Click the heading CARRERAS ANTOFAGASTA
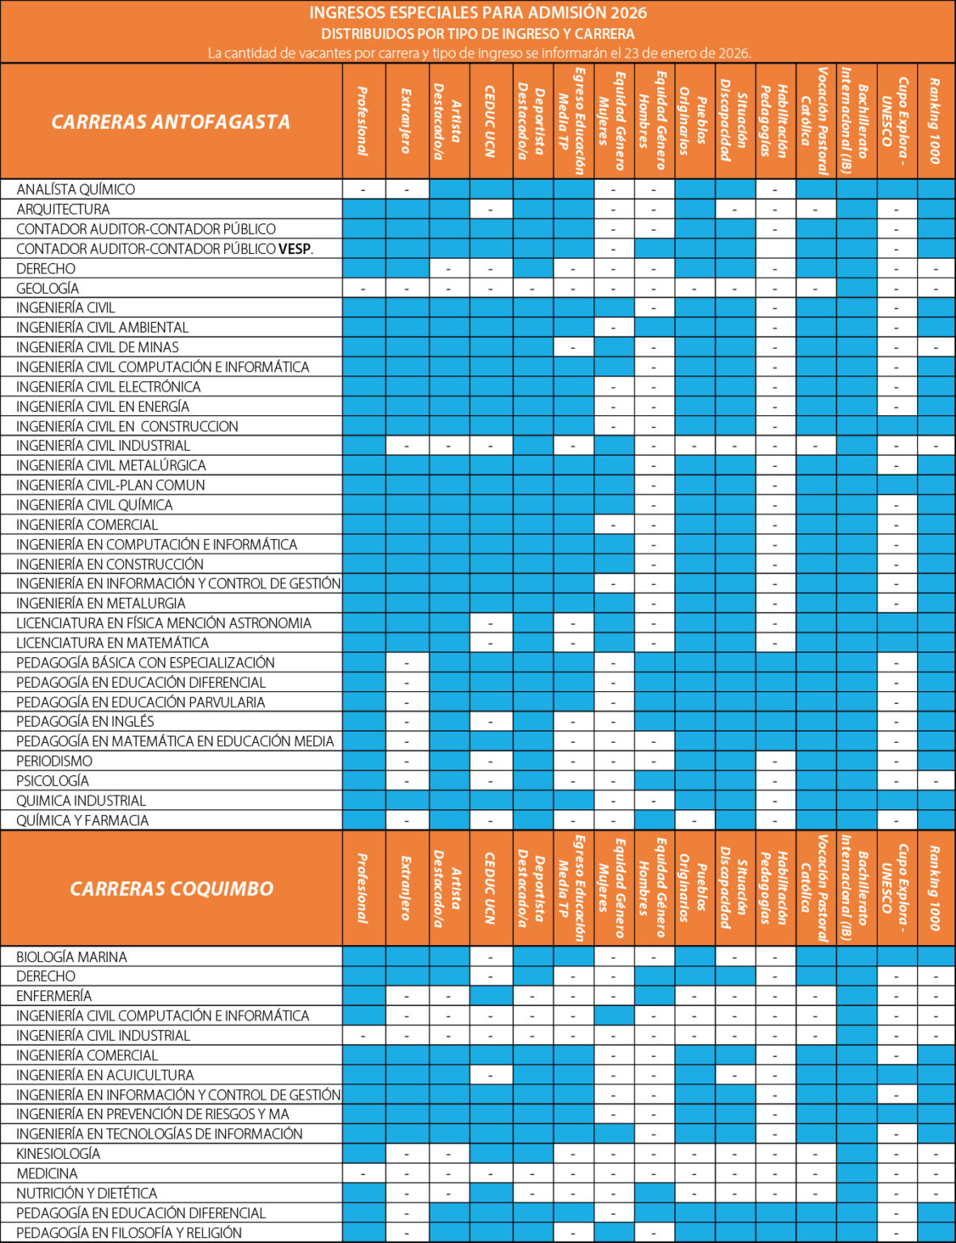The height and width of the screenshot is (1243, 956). point(171,122)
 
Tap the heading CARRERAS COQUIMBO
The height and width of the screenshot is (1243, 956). point(172,889)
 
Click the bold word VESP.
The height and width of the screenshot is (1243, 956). point(295,249)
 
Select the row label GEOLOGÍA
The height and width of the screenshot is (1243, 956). point(48,288)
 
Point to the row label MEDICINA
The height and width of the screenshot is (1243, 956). point(47,1173)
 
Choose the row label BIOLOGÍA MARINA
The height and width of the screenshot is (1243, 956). point(72,957)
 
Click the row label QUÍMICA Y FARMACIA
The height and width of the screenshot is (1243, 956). point(83,820)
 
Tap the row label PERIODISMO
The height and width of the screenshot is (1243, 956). point(54,761)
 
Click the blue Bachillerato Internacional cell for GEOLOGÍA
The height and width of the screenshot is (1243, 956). point(856,288)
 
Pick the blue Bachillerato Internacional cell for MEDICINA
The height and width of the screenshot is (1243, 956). point(856,1173)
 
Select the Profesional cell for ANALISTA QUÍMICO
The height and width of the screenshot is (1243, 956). point(363,189)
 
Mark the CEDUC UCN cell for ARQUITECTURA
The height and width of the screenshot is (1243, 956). point(491,210)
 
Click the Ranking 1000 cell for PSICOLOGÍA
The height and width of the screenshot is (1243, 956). point(936,781)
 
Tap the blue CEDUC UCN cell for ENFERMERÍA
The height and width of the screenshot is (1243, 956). point(491,996)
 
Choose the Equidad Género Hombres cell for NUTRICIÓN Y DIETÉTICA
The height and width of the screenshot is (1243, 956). point(654,1193)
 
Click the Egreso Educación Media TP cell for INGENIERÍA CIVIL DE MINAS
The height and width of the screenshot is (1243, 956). point(573,347)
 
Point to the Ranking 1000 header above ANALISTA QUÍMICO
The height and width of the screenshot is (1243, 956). point(936,121)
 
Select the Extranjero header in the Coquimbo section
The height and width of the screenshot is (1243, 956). point(406,889)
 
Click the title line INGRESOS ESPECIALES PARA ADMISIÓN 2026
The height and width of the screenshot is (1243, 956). point(478,13)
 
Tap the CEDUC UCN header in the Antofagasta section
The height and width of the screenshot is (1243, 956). point(491,121)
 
